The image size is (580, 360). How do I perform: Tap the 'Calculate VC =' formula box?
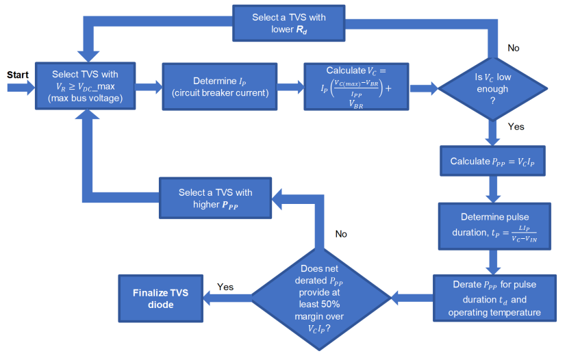[x=356, y=87]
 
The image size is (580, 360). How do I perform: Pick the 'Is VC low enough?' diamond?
[x=492, y=88]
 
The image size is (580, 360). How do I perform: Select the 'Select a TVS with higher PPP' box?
[x=215, y=198]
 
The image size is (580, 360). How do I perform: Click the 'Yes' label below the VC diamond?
[x=516, y=127]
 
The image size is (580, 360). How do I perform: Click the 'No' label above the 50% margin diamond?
[x=341, y=234]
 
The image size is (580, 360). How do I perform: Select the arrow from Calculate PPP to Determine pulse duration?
[x=491, y=189]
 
